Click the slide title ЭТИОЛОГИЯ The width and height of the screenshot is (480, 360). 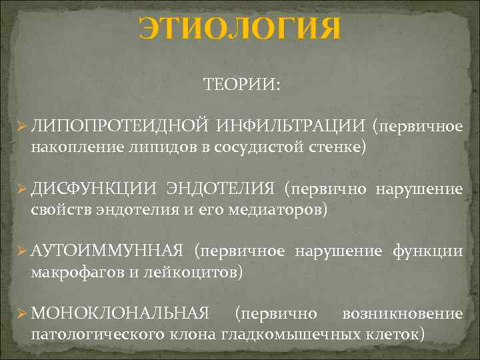(x=239, y=29)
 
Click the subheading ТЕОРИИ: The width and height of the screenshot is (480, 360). (x=241, y=85)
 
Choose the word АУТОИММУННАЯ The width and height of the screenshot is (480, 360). (x=107, y=251)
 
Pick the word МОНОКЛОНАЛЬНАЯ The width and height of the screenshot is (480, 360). (x=120, y=313)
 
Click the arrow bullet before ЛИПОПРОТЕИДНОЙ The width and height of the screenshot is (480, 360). (x=21, y=126)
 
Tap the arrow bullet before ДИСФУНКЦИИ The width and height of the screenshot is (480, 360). (x=21, y=189)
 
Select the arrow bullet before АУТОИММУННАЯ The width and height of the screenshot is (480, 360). (x=21, y=251)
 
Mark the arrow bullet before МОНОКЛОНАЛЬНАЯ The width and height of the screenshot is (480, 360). (x=21, y=313)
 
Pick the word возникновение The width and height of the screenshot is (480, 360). (x=402, y=313)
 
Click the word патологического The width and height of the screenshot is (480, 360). (x=96, y=333)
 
